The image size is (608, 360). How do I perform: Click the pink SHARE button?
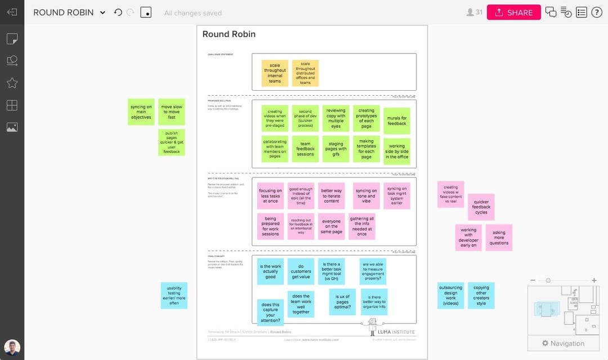pos(513,12)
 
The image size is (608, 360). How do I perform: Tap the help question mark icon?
pos(596,12)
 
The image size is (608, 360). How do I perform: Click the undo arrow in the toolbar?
pos(118,12)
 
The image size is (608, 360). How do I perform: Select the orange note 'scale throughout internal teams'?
pos(275,73)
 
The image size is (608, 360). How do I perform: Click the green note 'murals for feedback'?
pos(397,121)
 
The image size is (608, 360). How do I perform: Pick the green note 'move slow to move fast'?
pos(172,112)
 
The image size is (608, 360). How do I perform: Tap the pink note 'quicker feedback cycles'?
pos(481,207)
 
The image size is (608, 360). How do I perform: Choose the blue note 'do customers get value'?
pos(301,272)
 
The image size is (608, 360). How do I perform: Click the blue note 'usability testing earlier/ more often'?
pos(174,296)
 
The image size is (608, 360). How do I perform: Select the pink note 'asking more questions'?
pos(499,237)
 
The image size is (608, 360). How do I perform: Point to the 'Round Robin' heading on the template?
pos(229,34)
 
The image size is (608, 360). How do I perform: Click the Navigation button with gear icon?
pos(562,343)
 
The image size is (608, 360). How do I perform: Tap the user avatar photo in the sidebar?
pos(12,347)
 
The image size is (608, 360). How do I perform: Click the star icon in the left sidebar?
pos(12,83)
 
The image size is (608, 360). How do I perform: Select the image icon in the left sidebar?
pos(12,127)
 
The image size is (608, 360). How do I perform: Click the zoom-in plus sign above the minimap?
pos(594,280)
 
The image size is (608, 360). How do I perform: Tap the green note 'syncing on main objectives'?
pos(141,112)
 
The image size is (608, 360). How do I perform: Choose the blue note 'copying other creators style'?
pos(481,296)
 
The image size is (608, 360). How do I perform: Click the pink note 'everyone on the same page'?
pos(332,226)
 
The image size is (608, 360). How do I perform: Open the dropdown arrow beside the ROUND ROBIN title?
pos(102,12)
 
